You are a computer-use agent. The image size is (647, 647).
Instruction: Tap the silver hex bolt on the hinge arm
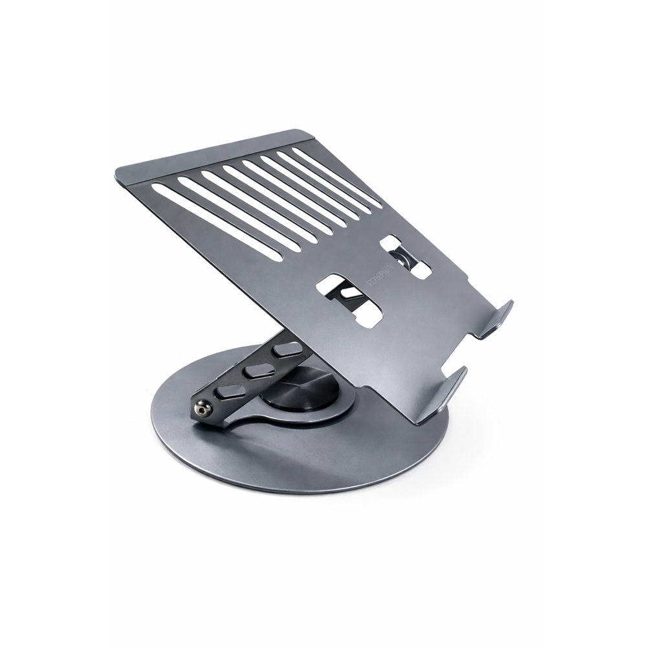[x=203, y=408]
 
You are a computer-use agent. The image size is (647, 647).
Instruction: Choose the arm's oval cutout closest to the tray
[x=286, y=350]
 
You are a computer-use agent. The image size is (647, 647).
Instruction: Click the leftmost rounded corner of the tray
[x=120, y=175]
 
